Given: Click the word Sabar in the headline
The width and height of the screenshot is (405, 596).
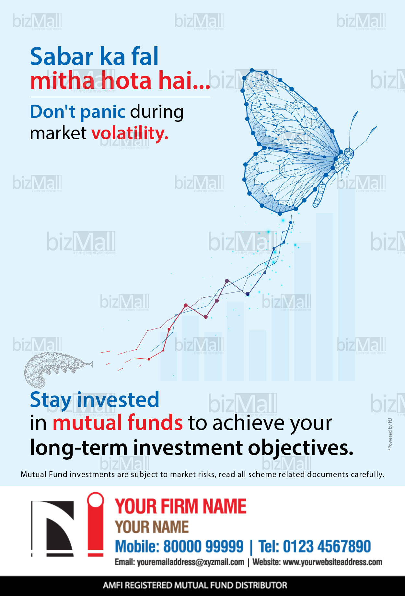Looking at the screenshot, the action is [62, 56].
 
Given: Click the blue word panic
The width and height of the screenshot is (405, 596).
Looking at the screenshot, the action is [103, 112].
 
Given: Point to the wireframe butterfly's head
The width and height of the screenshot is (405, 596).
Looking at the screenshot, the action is [349, 153].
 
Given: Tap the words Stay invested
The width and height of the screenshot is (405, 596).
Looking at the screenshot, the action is [95, 400].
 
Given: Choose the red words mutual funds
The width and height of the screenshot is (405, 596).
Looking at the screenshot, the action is [118, 423].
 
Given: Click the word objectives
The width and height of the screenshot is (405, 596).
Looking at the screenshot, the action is [301, 448].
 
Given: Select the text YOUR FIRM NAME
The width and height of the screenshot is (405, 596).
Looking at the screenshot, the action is [181, 506].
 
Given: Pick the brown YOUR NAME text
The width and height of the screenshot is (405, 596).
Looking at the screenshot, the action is [152, 527].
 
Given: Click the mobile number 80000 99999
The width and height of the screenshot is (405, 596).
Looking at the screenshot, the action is [203, 546].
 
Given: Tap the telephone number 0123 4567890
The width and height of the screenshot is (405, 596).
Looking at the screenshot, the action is [327, 546].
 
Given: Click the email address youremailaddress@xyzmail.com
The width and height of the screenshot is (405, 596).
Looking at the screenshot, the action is [191, 562].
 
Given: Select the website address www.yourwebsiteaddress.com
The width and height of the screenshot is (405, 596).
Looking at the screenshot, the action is [332, 562].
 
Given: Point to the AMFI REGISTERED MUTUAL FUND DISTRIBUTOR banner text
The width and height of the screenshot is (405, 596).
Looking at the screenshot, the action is [195, 585].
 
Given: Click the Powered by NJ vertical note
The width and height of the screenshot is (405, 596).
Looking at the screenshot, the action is [390, 434].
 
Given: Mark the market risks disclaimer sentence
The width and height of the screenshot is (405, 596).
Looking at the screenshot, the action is [202, 475].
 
